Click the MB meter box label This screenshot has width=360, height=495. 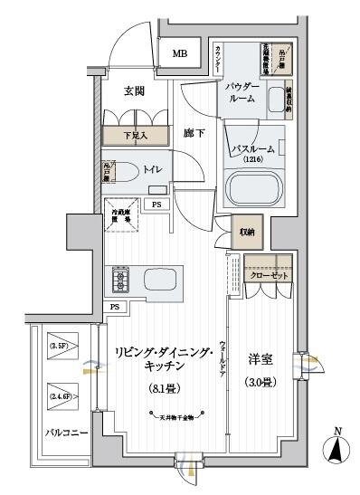pos(180,53)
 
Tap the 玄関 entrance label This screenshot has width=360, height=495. pos(136,90)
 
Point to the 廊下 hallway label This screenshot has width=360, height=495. pos(195,132)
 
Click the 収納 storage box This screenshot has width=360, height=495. pos(247,232)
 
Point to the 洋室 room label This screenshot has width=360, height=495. pos(261,360)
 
